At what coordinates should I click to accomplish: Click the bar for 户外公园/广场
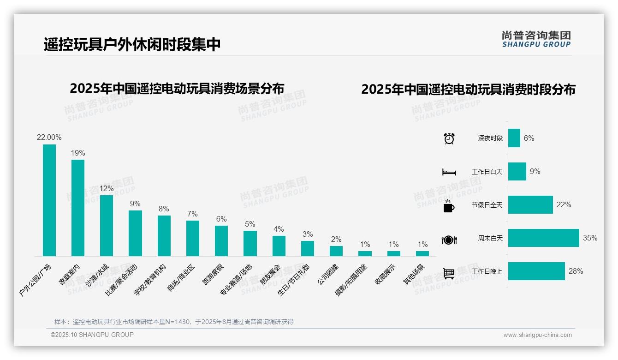click(49, 200)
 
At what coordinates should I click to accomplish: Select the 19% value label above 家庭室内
click(77, 153)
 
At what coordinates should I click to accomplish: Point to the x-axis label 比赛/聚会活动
click(122, 280)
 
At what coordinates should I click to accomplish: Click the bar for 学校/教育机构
click(164, 235)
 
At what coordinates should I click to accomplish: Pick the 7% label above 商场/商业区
click(192, 214)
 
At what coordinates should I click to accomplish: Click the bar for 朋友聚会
click(279, 246)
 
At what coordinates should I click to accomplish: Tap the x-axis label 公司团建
click(328, 274)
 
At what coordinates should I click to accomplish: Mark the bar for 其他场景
click(422, 253)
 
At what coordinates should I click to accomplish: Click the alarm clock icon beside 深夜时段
click(449, 138)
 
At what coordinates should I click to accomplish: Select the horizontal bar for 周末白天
click(543, 238)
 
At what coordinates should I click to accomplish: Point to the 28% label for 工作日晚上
click(576, 271)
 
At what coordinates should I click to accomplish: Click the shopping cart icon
click(449, 273)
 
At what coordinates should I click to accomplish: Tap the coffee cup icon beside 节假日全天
click(449, 206)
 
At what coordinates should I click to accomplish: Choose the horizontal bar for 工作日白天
click(517, 172)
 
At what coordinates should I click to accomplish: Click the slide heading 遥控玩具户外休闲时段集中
click(132, 44)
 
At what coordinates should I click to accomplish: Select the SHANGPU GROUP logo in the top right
click(536, 39)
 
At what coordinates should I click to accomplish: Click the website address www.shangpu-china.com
click(537, 335)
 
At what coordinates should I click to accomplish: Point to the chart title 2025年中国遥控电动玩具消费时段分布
click(468, 90)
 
